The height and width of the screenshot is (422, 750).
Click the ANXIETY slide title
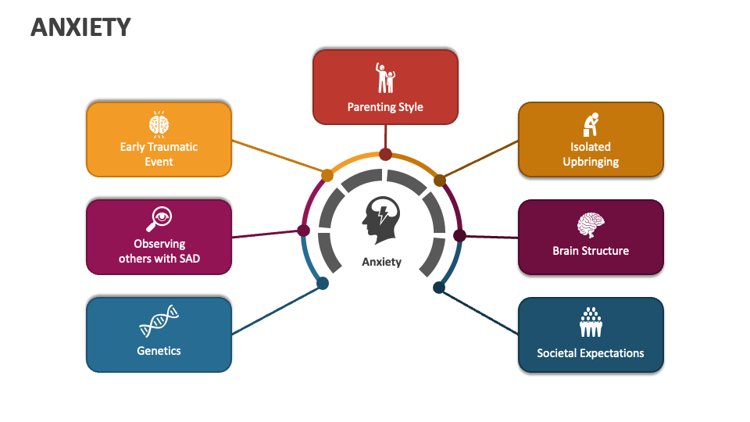(x=80, y=27)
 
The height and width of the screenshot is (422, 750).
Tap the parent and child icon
(x=384, y=77)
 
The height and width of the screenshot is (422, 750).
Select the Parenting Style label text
(x=385, y=107)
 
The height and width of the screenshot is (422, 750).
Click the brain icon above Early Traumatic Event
(x=159, y=123)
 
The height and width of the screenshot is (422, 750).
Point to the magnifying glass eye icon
(x=159, y=218)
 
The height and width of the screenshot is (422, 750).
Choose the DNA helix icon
(x=159, y=320)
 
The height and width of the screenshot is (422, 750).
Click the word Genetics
(x=159, y=351)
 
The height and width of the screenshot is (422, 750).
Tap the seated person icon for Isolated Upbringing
(x=591, y=123)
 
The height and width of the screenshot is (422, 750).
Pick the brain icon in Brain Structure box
(x=591, y=226)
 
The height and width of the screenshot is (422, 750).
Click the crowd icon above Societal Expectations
(x=591, y=322)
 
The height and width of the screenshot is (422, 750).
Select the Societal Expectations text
(x=591, y=353)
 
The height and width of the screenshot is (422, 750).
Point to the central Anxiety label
(x=381, y=262)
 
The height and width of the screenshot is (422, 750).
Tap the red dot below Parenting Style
(x=385, y=154)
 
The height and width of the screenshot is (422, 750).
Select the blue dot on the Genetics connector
(x=323, y=284)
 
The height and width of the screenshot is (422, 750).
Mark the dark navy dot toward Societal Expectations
(x=439, y=288)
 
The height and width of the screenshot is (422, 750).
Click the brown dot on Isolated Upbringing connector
(x=440, y=181)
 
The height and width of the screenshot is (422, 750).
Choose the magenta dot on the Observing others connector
(x=304, y=231)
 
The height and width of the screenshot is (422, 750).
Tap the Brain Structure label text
(x=591, y=251)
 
